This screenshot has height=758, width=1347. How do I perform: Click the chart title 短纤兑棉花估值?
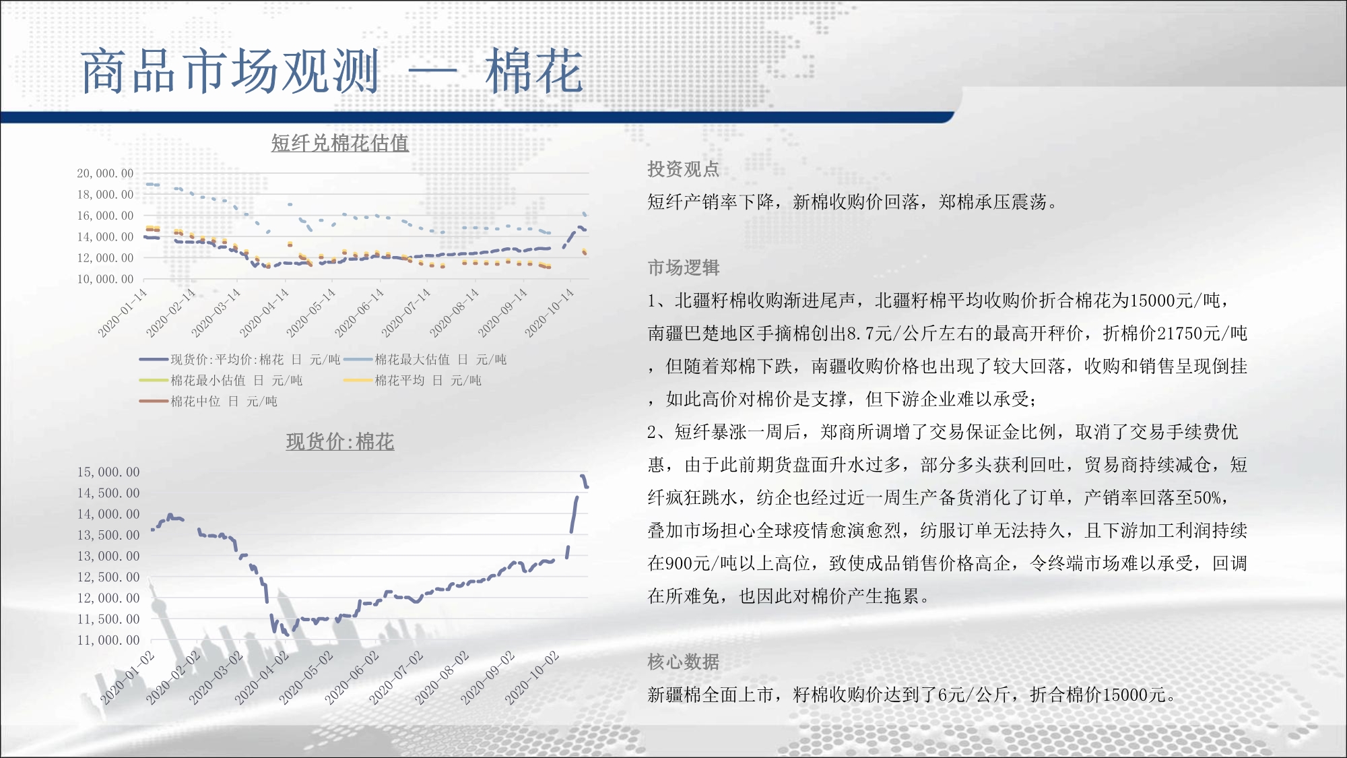pos(339,143)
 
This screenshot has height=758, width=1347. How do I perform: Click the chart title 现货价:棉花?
pos(340,442)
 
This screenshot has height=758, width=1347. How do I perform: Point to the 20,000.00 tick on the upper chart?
pos(105,173)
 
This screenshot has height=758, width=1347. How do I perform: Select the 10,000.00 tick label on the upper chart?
pos(105,279)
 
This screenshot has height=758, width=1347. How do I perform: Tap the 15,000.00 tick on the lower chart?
pos(108,472)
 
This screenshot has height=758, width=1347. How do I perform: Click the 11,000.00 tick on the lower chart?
pos(108,640)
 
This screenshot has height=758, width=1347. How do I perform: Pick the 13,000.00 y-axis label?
pos(108,556)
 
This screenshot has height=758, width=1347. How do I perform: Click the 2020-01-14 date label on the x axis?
pos(123,313)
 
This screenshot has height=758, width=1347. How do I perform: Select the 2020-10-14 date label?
pos(550,313)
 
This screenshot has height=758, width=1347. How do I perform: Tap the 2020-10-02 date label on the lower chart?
pos(532,678)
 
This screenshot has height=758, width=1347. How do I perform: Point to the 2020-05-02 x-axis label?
pos(306,678)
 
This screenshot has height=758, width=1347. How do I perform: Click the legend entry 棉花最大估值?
pos(425,360)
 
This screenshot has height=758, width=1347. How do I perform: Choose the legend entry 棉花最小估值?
pos(221,381)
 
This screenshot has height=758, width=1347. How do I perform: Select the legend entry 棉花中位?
pos(208,402)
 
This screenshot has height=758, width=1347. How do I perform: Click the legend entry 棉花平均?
pos(412,381)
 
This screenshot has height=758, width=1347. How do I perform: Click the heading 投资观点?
pos(684,169)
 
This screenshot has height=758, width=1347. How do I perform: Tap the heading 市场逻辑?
pos(684,268)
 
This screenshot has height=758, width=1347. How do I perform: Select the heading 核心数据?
pos(684,662)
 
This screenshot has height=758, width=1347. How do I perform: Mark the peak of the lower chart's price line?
pos(583,476)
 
